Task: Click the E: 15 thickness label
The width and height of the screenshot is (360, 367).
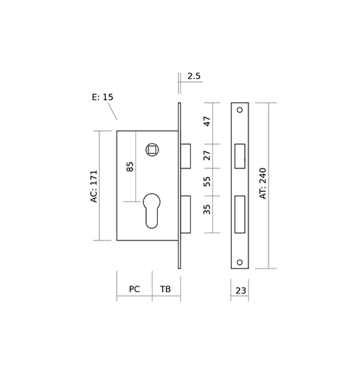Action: [x=102, y=97]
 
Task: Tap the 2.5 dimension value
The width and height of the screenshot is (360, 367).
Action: [x=194, y=76]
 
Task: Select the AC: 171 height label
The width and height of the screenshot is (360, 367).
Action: [x=94, y=186]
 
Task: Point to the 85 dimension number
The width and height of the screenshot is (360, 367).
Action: [x=130, y=166]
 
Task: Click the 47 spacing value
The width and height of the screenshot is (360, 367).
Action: [x=207, y=122]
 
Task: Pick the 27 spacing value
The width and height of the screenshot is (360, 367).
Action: [x=207, y=155]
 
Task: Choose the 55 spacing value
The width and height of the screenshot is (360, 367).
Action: [x=207, y=181]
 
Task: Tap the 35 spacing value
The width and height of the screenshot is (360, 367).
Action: [x=207, y=209]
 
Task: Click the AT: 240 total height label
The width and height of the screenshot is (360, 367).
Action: [x=263, y=183]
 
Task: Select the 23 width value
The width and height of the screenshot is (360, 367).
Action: [x=240, y=291]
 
